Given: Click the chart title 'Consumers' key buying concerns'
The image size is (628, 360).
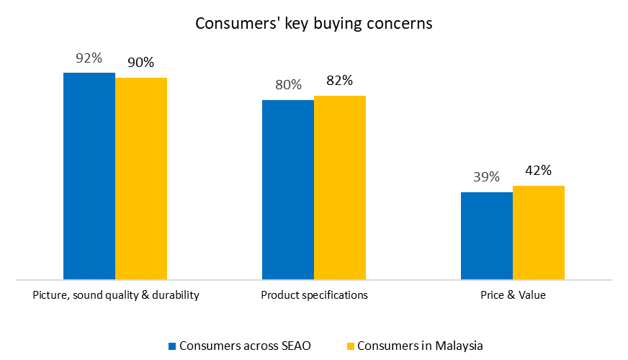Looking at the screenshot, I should pyautogui.click(x=314, y=23).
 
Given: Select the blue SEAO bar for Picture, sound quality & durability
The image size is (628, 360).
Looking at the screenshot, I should pyautogui.click(x=89, y=176).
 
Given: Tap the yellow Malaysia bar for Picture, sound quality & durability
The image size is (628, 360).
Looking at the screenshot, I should pyautogui.click(x=141, y=178).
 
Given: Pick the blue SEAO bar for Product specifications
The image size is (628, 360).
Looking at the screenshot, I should pyautogui.click(x=288, y=189).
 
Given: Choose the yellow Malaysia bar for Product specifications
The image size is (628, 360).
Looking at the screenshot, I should pyautogui.click(x=340, y=187).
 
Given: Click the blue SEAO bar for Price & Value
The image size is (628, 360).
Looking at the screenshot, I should pyautogui.click(x=487, y=235).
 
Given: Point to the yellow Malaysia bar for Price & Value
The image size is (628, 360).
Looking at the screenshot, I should pyautogui.click(x=539, y=232).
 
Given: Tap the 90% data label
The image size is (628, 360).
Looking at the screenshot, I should pyautogui.click(x=140, y=63).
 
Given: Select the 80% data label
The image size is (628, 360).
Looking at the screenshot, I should pyautogui.click(x=288, y=85).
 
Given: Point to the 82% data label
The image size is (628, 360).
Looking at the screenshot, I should pyautogui.click(x=339, y=81).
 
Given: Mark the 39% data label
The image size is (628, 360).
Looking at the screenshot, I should pyautogui.click(x=486, y=177).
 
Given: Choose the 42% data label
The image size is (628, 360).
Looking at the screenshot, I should pyautogui.click(x=538, y=171).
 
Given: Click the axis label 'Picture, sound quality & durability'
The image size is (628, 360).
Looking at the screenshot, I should pyautogui.click(x=116, y=295).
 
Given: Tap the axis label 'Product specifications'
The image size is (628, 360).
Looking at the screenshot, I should pyautogui.click(x=314, y=295).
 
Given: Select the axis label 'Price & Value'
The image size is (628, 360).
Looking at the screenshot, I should pyautogui.click(x=513, y=295).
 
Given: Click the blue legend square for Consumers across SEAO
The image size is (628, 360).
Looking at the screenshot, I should pyautogui.click(x=172, y=346).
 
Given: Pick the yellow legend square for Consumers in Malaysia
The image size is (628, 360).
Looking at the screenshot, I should pyautogui.click(x=351, y=346).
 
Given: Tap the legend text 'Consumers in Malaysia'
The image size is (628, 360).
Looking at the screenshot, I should pyautogui.click(x=420, y=346).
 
